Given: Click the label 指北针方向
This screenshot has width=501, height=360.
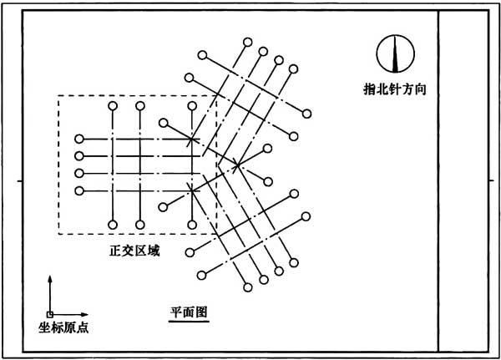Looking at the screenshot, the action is click(395, 89).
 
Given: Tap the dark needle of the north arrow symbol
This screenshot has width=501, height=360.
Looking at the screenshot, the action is click(396, 53).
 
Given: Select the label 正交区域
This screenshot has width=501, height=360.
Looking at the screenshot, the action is click(134, 251).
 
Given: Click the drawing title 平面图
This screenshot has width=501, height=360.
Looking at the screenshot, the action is click(189, 312).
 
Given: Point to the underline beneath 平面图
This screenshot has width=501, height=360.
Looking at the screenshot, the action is click(189, 321).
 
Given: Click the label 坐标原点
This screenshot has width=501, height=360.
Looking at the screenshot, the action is click(63, 327).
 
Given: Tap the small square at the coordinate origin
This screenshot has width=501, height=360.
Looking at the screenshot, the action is click(50, 315).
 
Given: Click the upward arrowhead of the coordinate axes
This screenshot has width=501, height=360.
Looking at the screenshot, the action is click(50, 278).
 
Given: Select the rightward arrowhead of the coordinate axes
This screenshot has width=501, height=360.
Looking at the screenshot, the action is click(84, 315).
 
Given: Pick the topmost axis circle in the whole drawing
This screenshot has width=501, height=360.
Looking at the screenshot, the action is click(248, 42).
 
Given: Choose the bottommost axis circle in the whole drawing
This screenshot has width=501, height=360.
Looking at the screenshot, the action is click(248, 287).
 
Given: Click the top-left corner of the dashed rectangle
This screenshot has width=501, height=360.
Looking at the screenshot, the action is click(58, 95).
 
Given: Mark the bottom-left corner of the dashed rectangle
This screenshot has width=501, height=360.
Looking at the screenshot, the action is click(58, 234).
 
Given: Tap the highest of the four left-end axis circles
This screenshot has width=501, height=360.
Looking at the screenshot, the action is click(79, 139).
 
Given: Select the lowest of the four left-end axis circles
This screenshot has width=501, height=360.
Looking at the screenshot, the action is click(79, 191).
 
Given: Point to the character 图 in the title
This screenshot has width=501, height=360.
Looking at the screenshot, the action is click(201, 312).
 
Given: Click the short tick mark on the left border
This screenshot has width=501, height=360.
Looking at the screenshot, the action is click(20, 181).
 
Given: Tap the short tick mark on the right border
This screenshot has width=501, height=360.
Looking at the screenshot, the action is click(492, 181).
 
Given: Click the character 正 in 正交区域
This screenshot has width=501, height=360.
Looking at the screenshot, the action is click(115, 251).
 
